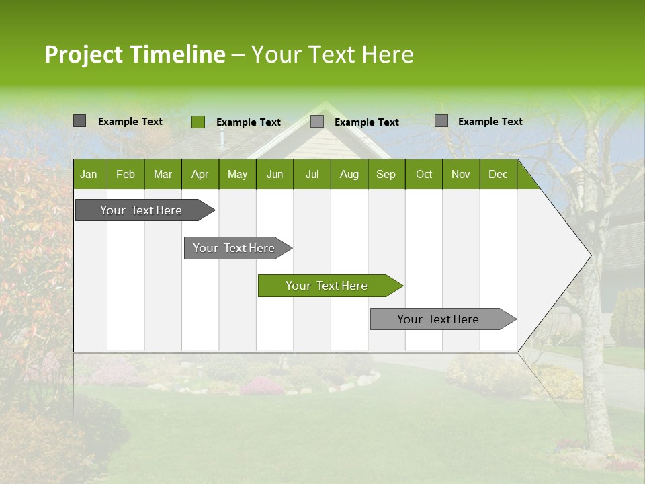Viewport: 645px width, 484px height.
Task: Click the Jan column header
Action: (89, 175)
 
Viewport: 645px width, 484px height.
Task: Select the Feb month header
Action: (126, 175)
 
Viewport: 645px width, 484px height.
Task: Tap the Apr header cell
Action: (200, 175)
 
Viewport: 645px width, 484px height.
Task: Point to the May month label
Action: (237, 175)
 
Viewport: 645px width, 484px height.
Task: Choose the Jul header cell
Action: (312, 175)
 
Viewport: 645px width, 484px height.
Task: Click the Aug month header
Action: (349, 175)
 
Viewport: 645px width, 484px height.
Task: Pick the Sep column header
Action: (386, 175)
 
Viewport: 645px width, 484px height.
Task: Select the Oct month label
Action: (424, 175)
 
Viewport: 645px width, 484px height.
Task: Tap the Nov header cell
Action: (461, 175)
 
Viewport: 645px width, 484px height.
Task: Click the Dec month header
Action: (498, 175)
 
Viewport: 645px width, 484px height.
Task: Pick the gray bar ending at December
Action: (441, 319)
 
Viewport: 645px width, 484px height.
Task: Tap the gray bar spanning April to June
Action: (235, 248)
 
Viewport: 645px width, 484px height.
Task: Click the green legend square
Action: (198, 122)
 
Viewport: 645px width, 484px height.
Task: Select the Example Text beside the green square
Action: (248, 122)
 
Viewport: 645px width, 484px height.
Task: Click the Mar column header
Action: (163, 175)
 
